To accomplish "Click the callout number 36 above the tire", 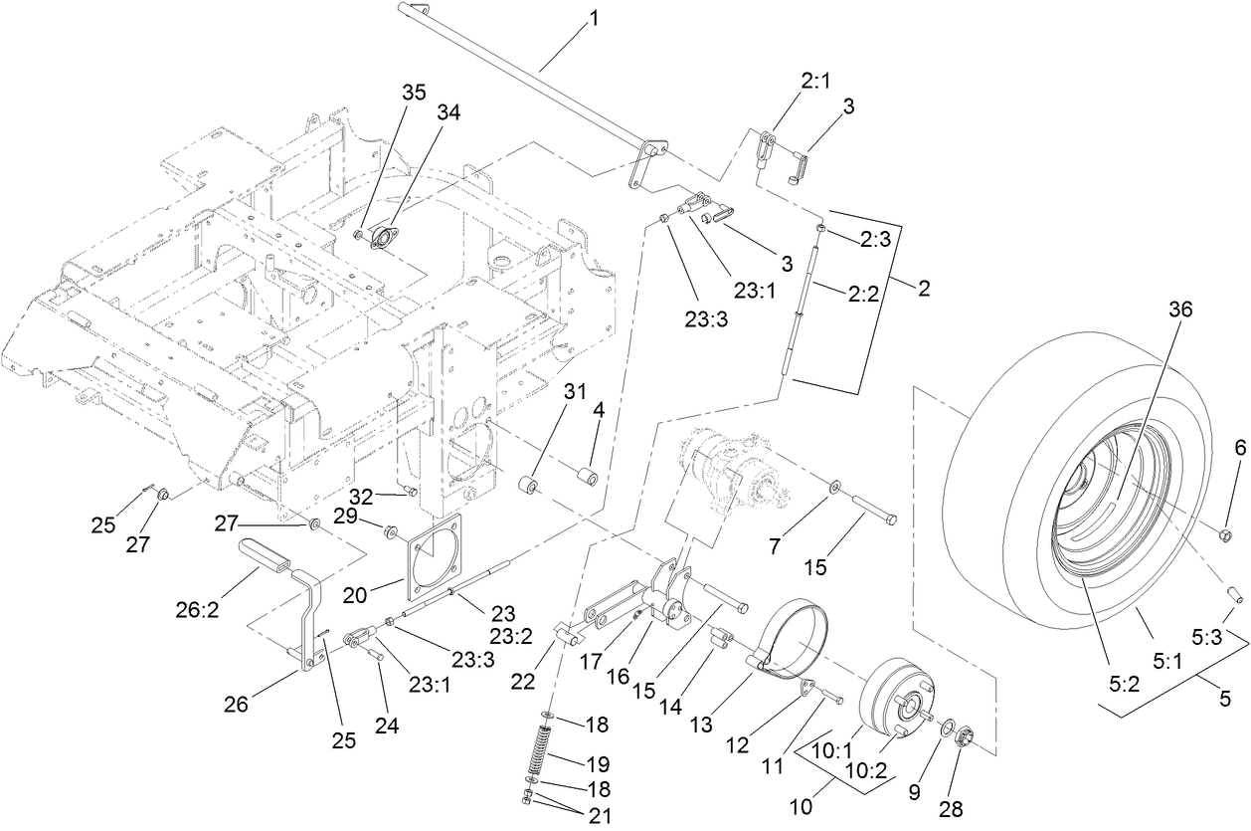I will pos(1181,310).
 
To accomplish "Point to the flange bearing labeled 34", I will pos(385,238).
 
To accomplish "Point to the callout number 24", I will pos(386,727).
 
